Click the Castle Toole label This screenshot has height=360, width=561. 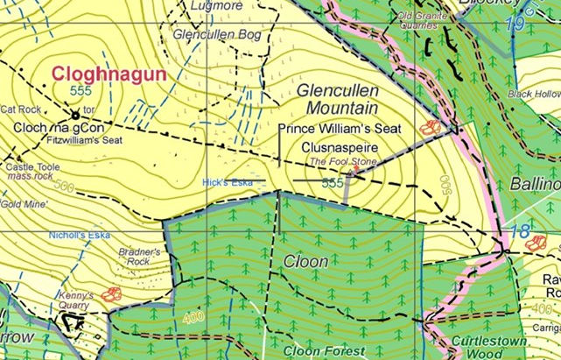(31, 166)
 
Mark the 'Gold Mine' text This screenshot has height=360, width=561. (23, 203)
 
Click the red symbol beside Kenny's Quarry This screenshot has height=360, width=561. (111, 295)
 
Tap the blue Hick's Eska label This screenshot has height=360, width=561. (227, 182)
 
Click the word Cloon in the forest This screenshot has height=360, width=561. (305, 261)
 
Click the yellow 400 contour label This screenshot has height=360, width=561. (193, 314)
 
